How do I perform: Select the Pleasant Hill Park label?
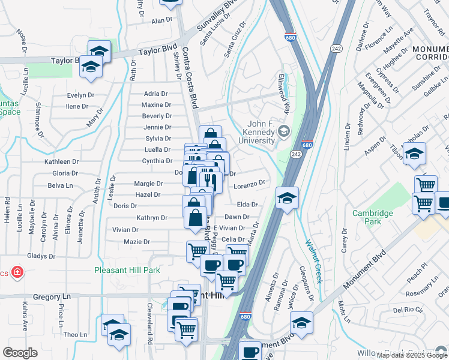pyautogui.click(x=127, y=270)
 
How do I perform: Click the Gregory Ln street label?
pyautogui.click(x=52, y=296)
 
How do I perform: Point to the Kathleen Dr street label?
pyautogui.click(x=62, y=161)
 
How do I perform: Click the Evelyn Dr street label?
pyautogui.click(x=80, y=95)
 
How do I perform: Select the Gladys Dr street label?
pyautogui.click(x=41, y=256)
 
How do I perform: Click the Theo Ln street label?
pyautogui.click(x=75, y=334)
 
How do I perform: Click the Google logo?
pyautogui.click(x=20, y=352)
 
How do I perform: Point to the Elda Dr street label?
pyautogui.click(x=247, y=205)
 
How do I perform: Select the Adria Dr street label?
pyautogui.click(x=155, y=94)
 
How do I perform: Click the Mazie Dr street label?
pyautogui.click(x=136, y=242)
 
